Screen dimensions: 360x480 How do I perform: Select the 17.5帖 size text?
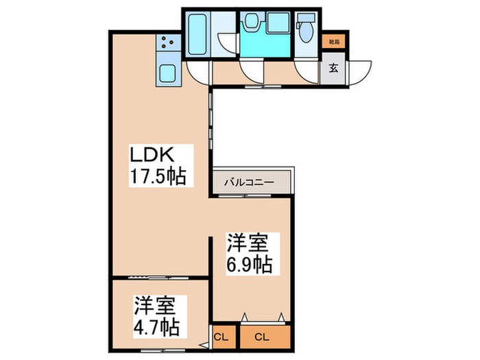coord(159,176)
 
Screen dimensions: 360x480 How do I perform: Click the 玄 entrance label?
coord(334,68)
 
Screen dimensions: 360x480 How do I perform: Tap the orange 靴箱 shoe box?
coord(334,42)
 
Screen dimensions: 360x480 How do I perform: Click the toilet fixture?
coord(306,29)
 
